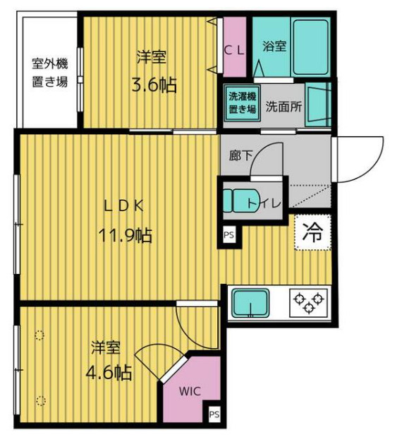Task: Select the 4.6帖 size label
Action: click(109, 372)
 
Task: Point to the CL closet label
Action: click(234, 49)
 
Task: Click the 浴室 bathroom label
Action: click(274, 47)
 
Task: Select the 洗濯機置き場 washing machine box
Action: click(241, 104)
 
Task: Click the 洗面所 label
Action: click(283, 107)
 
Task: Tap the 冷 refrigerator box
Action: click(311, 232)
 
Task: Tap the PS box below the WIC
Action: click(214, 414)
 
